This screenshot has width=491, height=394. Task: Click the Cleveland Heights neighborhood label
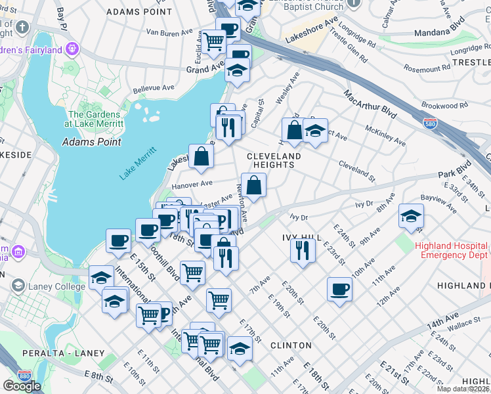click(x=274, y=160)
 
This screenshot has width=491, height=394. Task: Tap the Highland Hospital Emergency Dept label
click(x=452, y=250)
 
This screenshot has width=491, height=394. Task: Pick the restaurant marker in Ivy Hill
click(x=303, y=251)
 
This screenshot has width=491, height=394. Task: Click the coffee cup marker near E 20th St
click(x=339, y=289)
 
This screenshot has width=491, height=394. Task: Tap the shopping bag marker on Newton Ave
click(x=253, y=185)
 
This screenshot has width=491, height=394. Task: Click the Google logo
click(x=22, y=386)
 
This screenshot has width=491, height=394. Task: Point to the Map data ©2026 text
click(x=463, y=389)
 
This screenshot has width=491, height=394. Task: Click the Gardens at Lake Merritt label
click(x=93, y=119)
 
